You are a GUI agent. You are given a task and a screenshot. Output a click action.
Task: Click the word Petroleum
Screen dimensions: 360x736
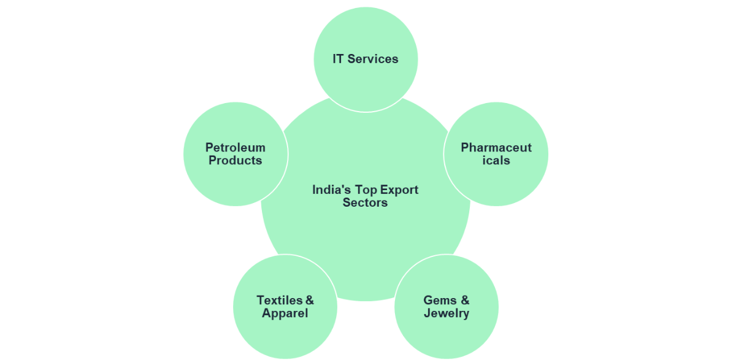pyautogui.click(x=235, y=148)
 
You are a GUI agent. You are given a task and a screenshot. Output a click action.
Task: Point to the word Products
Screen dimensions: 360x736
pyautogui.click(x=235, y=161)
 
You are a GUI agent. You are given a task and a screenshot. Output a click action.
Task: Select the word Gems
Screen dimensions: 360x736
pyautogui.click(x=439, y=301)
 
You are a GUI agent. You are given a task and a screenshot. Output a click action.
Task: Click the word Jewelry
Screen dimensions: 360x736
pyautogui.click(x=447, y=313)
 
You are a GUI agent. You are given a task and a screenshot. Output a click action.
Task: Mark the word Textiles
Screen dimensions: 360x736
pyautogui.click(x=280, y=301)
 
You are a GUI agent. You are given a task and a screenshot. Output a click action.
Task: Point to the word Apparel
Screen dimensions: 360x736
pyautogui.click(x=285, y=313)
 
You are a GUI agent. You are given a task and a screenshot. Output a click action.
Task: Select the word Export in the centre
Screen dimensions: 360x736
pyautogui.click(x=399, y=190)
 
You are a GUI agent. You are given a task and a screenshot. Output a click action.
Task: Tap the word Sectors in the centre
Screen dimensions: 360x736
pyautogui.click(x=366, y=202)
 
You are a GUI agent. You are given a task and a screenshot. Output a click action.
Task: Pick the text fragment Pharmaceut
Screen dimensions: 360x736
pyautogui.click(x=496, y=148)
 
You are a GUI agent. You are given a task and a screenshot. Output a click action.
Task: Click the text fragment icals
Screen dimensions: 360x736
pyautogui.click(x=496, y=161)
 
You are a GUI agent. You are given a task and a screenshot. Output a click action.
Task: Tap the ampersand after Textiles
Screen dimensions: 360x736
pyautogui.click(x=310, y=301)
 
